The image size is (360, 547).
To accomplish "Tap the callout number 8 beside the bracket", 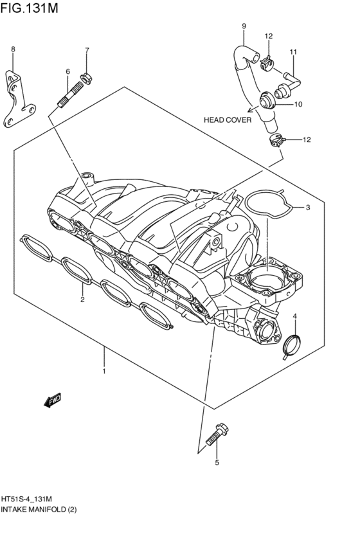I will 13,49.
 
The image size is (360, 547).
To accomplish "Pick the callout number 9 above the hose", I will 244,26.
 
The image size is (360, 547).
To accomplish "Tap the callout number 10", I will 298,104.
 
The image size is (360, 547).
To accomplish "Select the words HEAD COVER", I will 228,120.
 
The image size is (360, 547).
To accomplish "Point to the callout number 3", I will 308,208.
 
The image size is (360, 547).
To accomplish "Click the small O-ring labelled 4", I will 291,346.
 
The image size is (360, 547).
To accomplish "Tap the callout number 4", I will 294,316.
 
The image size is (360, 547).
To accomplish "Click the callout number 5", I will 217,462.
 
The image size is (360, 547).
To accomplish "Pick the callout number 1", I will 104,371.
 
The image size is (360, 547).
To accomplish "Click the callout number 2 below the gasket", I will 82,300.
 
